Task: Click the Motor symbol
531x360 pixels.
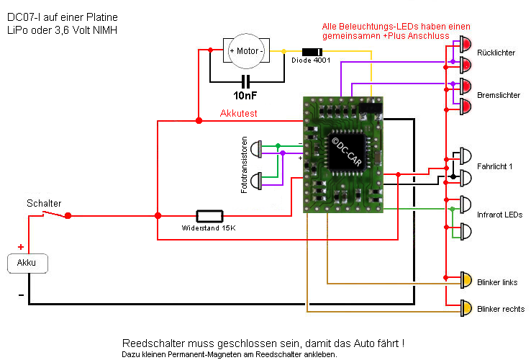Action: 246,51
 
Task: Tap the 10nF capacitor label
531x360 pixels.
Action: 246,95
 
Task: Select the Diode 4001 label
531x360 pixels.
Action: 311,60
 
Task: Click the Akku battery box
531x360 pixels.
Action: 27,264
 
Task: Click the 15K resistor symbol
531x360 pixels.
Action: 210,215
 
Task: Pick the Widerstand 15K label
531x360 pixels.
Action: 209,228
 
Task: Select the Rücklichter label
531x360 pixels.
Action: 496,53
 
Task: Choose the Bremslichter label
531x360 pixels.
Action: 499,95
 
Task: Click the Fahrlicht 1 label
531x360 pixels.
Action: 495,167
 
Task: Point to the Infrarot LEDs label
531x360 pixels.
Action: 499,215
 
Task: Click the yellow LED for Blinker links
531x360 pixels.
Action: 466,279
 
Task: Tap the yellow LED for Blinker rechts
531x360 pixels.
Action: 466,309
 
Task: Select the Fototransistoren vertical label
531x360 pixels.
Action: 245,163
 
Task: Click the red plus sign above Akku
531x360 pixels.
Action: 21,247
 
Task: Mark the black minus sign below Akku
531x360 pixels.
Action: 21,294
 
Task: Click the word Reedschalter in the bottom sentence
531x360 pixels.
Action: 150,343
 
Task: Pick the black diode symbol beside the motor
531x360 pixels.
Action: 312,51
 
